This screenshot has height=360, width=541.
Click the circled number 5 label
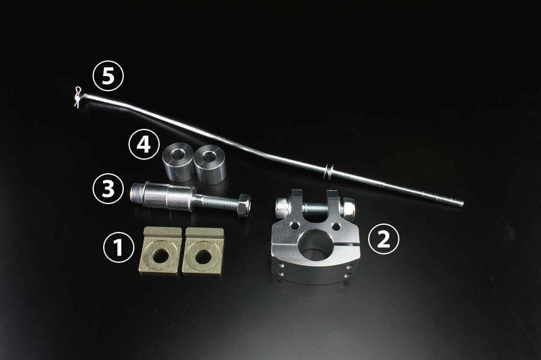108,76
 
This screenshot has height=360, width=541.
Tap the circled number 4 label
144,144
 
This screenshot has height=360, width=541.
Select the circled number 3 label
108,188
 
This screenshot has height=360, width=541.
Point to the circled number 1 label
119,247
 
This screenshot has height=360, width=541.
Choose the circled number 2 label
383,239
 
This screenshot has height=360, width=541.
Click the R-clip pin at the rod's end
78,97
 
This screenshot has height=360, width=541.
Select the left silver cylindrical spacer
178,162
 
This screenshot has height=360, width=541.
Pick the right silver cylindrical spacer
210,164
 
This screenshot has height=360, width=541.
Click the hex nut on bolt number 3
244,205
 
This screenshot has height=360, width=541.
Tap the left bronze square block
160,251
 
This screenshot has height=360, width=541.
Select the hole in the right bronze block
203,257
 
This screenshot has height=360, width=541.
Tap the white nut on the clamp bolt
347,209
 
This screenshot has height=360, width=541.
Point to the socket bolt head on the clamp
283,208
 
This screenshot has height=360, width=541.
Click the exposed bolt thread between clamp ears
315,209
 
